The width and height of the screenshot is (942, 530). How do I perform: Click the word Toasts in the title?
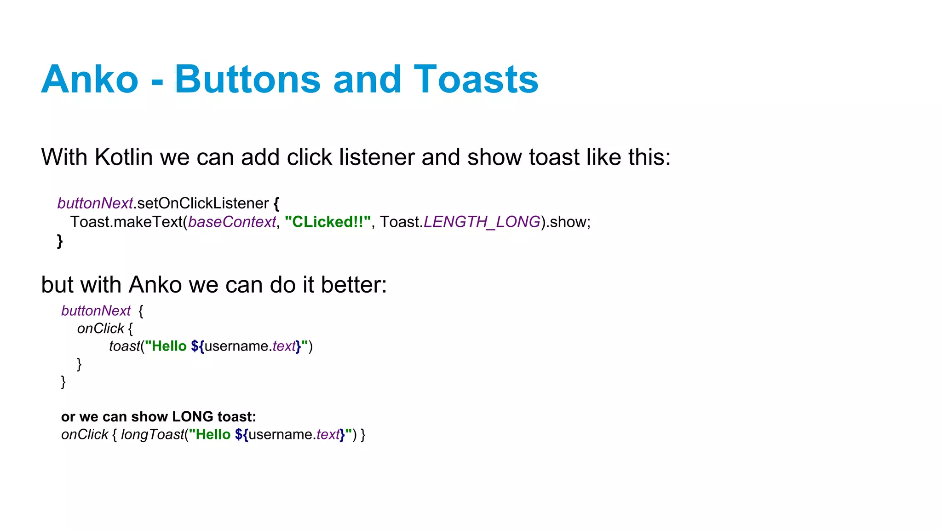pyautogui.click(x=476, y=79)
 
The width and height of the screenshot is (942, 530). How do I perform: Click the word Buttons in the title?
pyautogui.click(x=247, y=79)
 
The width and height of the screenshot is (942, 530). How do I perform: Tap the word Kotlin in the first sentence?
pyautogui.click(x=123, y=157)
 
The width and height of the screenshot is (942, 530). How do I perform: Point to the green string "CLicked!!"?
pyautogui.click(x=327, y=222)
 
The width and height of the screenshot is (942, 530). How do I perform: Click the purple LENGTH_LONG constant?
pyautogui.click(x=482, y=222)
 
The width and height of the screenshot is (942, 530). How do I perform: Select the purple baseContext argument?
pyautogui.click(x=232, y=222)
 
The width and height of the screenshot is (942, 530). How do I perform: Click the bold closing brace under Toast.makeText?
pyautogui.click(x=60, y=241)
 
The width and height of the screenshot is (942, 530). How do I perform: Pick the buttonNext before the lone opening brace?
pyautogui.click(x=96, y=311)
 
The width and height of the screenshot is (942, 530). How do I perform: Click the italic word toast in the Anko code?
pyautogui.click(x=124, y=346)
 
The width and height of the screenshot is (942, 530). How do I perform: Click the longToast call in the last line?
pyautogui.click(x=152, y=435)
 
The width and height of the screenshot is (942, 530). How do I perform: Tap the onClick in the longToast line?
pyautogui.click(x=85, y=435)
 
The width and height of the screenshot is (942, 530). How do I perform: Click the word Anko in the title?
pyautogui.click(x=90, y=79)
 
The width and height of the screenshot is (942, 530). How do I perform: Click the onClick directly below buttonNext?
pyautogui.click(x=101, y=328)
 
